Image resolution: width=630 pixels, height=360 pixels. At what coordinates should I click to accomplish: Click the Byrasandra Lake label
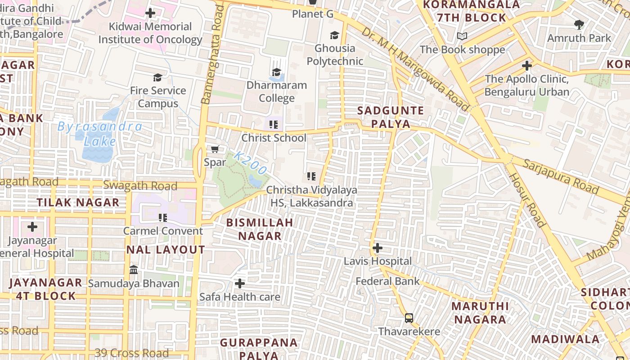(99, 134)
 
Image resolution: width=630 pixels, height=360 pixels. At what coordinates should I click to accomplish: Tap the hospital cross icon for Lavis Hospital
(378, 248)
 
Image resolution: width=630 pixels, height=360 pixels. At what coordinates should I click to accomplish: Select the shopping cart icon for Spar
(215, 149)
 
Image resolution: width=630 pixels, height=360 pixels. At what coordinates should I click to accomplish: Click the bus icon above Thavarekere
(409, 318)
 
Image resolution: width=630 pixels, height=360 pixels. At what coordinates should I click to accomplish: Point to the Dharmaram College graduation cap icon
(276, 72)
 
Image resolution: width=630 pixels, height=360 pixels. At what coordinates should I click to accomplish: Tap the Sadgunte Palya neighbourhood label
(391, 117)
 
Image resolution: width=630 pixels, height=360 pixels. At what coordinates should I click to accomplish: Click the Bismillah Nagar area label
(260, 229)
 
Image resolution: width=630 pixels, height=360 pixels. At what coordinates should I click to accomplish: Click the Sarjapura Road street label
(561, 176)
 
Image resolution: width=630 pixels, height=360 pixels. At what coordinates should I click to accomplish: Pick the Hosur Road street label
(527, 200)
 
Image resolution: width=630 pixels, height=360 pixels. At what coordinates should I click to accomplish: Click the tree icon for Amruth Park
(579, 25)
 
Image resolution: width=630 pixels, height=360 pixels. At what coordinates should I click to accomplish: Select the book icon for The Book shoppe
(462, 36)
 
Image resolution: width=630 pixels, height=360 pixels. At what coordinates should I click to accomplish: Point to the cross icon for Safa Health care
(240, 283)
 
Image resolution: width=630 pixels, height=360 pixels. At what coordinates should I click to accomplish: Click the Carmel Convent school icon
(163, 218)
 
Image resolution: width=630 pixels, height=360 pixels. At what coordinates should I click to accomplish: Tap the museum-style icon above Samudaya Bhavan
(134, 270)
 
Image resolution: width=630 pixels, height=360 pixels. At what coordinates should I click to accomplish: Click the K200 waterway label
(250, 164)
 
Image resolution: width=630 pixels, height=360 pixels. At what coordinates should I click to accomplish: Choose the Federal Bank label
(387, 281)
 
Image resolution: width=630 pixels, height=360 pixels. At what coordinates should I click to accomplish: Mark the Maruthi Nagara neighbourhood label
(480, 313)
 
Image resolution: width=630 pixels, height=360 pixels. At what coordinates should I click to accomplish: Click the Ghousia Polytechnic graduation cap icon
(334, 35)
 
